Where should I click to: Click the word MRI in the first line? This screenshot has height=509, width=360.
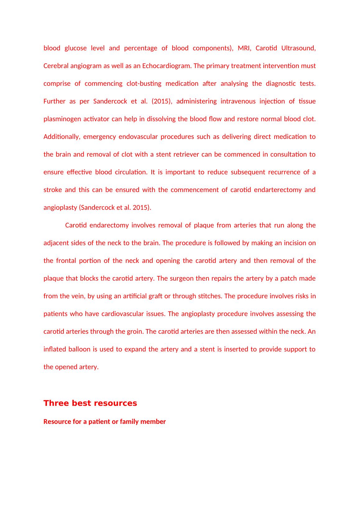[244, 48]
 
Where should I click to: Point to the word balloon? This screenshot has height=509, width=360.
[83, 349]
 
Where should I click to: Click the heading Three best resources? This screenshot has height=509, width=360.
[90, 403]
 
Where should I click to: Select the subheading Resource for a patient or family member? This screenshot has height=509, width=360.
[104, 422]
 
